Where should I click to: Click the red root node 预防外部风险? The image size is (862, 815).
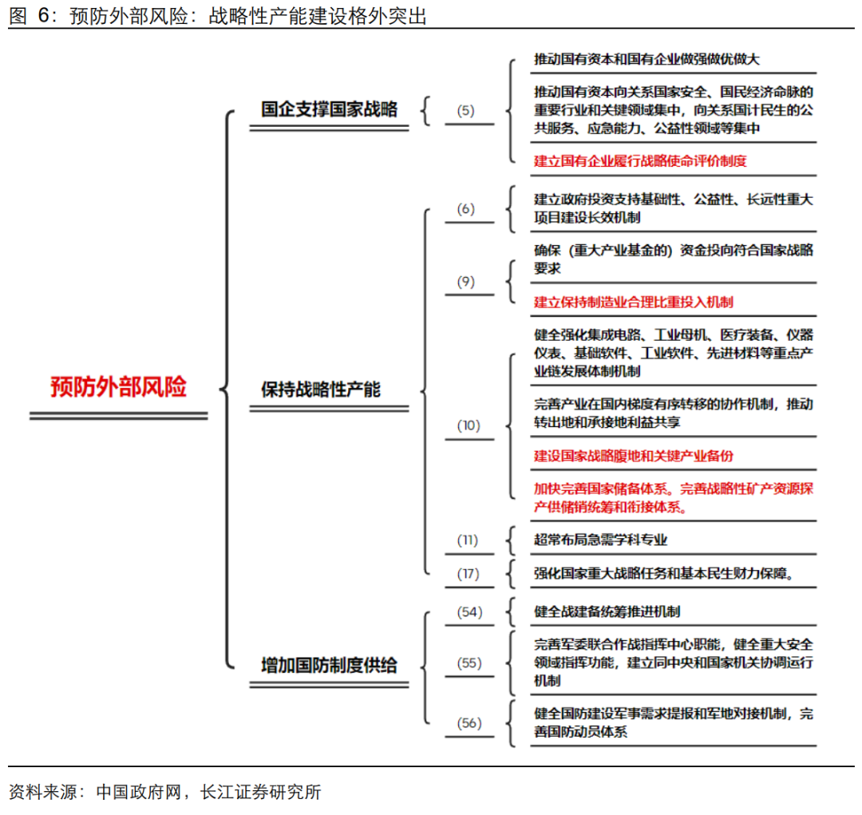[x=118, y=386]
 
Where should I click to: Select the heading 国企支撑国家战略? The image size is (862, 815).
[x=329, y=109]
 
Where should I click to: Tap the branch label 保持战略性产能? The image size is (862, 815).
[x=321, y=390]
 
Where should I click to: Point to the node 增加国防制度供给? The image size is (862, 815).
[x=329, y=665]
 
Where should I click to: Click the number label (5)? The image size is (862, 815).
[x=465, y=110]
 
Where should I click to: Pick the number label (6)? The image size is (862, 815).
[x=465, y=209]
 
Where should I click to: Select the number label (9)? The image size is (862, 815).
[x=465, y=282]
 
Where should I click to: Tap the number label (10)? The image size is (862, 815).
[x=469, y=425]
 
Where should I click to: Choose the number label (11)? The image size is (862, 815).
[x=467, y=540]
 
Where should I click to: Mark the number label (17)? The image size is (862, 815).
[x=468, y=574]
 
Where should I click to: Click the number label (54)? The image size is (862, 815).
[x=469, y=612]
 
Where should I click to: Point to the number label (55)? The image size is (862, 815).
[x=469, y=663]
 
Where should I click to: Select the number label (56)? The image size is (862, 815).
[x=469, y=722]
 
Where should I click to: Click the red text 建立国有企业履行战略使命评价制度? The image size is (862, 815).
[x=640, y=161]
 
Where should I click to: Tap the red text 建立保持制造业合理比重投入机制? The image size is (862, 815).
[x=633, y=302]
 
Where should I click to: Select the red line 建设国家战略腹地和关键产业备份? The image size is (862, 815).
[x=633, y=456]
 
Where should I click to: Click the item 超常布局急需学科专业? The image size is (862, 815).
[x=600, y=540]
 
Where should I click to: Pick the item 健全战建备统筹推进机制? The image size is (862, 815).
[x=607, y=612]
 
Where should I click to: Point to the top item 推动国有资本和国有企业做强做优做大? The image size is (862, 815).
[x=646, y=59]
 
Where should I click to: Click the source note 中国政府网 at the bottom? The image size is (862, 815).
[x=139, y=792]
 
